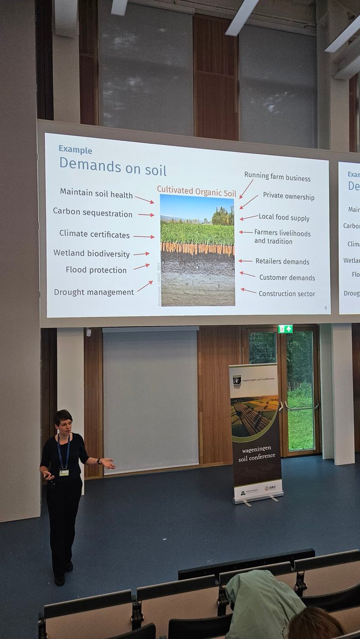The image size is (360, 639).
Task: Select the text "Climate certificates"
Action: click(x=94, y=234)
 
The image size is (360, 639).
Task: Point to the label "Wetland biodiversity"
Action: click(x=91, y=253)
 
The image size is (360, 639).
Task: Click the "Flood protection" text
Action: click(x=96, y=270)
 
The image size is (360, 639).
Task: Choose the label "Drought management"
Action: click(x=94, y=292)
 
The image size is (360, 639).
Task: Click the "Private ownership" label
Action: click(x=288, y=197)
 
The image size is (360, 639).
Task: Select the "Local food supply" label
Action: click(x=284, y=217)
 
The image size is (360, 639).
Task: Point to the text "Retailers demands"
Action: click(x=282, y=261)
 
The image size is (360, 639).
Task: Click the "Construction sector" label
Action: click(x=287, y=293)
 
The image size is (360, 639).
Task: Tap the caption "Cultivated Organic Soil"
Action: click(x=196, y=189)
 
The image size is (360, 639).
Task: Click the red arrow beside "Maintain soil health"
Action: click(x=144, y=199)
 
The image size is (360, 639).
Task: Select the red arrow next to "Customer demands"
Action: click(x=248, y=275)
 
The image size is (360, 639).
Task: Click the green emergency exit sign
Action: click(x=285, y=329)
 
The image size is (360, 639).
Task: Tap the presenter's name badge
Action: click(x=64, y=472)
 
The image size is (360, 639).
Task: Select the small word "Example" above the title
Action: click(x=75, y=150)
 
